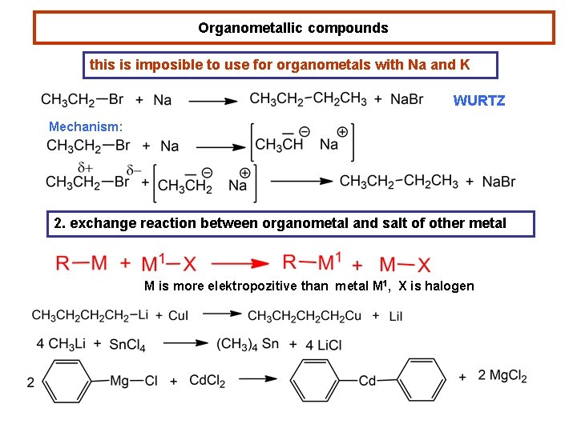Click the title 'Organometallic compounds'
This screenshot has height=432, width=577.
[x=293, y=28]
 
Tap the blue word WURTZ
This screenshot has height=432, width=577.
[x=478, y=101]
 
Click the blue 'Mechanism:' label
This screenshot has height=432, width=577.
[x=86, y=126]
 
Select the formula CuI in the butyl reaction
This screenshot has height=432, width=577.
[x=178, y=316]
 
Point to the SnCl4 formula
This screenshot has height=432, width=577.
[x=129, y=345]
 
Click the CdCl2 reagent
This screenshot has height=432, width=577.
[x=207, y=380]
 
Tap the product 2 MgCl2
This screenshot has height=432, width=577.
[x=502, y=377]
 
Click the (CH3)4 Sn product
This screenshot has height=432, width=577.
[x=248, y=344]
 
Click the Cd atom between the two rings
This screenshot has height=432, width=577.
[x=368, y=381]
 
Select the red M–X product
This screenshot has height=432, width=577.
[x=405, y=263]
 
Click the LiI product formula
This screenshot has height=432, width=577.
[x=395, y=316]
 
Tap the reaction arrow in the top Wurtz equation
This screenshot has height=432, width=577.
[x=213, y=101]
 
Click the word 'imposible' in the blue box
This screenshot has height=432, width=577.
[x=173, y=65]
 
